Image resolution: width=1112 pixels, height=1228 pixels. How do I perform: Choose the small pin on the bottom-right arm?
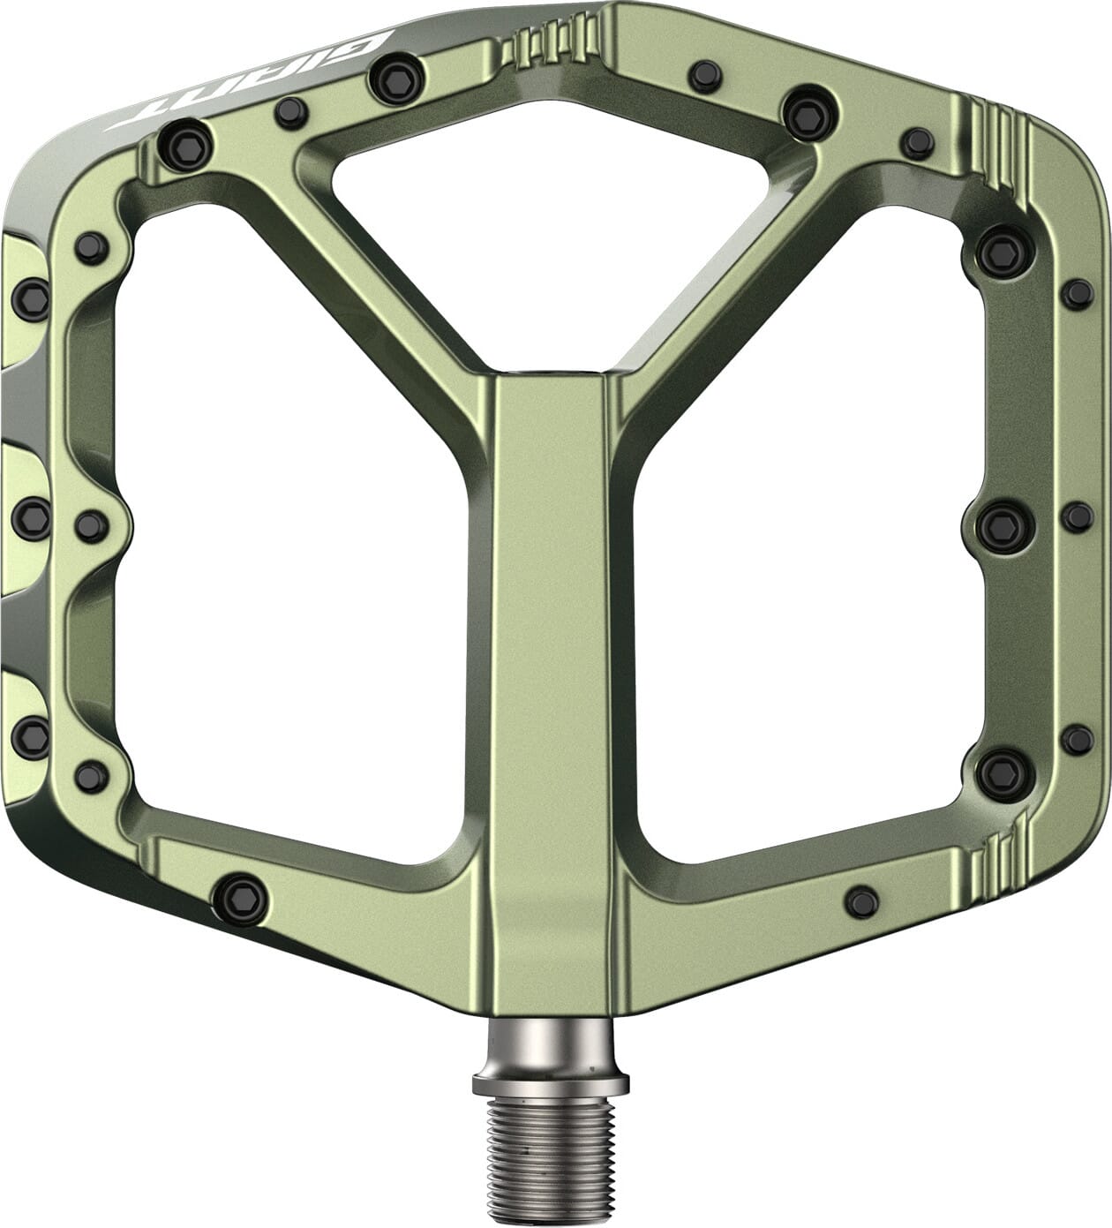point(861,901)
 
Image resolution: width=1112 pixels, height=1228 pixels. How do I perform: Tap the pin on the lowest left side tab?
point(32,735)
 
